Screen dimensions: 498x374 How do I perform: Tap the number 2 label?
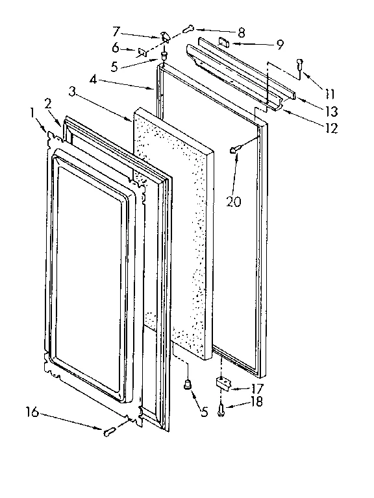(47, 103)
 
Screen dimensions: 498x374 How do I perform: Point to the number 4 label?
(93, 80)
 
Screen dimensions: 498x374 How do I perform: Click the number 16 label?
(31, 411)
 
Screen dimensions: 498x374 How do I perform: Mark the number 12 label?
(332, 128)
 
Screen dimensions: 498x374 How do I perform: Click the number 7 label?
(117, 30)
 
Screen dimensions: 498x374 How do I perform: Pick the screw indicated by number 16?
(108, 431)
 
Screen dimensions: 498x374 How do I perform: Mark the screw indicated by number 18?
(222, 409)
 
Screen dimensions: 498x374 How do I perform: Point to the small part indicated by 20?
(233, 150)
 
